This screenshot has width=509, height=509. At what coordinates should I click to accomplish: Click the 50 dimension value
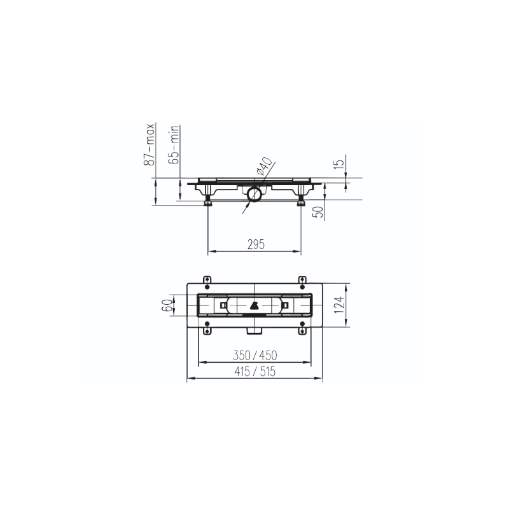point(317,212)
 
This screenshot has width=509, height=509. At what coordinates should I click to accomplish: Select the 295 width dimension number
point(255,244)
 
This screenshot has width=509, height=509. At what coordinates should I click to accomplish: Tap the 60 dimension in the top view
point(167,306)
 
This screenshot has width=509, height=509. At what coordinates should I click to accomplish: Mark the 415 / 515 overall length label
point(255,372)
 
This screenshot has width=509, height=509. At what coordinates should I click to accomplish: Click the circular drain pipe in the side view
point(255,193)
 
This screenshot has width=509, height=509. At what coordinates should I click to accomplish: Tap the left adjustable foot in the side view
point(207,202)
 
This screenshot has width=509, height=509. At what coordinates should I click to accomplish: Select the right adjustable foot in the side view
point(302,202)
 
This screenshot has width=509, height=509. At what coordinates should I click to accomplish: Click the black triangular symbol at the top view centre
point(254,305)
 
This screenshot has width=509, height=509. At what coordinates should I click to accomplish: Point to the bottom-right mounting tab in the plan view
point(302,330)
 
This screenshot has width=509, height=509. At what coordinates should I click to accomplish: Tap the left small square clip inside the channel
point(222,305)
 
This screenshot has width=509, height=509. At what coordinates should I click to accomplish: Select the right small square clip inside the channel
point(286,305)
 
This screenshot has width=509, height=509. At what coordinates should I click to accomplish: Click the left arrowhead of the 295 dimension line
point(212,252)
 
